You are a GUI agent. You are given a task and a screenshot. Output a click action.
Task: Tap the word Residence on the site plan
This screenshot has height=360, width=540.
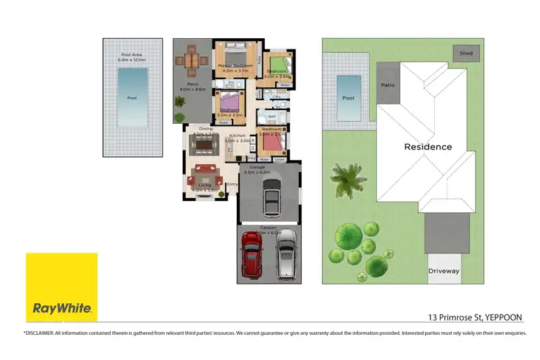click(x=428, y=147)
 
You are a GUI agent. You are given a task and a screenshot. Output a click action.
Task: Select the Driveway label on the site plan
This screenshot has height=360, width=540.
click(x=444, y=271)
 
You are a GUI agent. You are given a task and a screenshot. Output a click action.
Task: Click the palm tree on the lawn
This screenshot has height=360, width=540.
click(x=346, y=177)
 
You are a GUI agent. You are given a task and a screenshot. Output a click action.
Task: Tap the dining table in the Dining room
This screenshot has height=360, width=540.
click(x=205, y=145)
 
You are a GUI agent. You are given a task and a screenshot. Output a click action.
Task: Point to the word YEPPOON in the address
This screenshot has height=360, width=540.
click(x=504, y=317)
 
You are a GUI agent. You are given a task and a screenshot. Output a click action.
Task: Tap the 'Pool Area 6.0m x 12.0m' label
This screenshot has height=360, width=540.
click(x=131, y=58)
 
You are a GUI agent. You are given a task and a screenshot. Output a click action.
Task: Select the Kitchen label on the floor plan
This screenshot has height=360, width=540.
click(x=238, y=136)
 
